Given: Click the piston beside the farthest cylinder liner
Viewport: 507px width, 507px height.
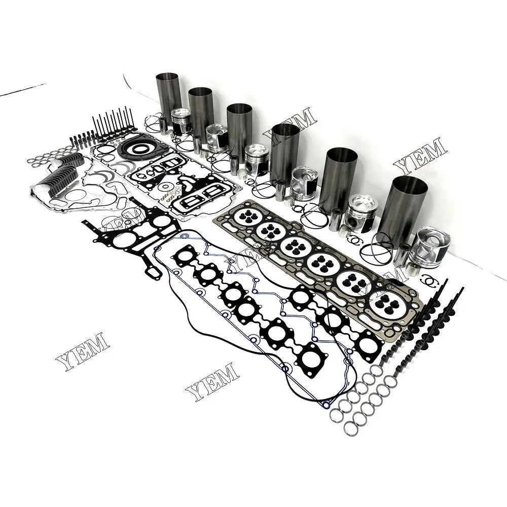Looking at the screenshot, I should pyautogui.click(x=182, y=121).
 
